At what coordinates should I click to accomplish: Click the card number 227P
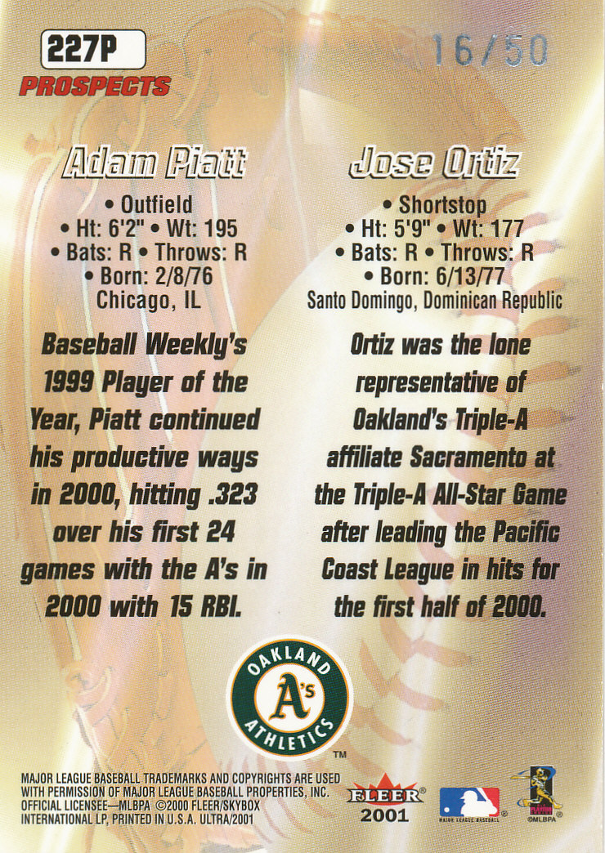83,50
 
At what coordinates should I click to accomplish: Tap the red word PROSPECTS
95,87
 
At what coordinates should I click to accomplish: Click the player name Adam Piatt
154,162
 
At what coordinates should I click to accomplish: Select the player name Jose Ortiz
434,162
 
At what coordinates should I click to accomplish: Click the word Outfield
157,204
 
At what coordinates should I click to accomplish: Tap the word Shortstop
442,204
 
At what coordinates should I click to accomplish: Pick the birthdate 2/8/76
184,276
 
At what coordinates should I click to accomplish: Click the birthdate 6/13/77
470,276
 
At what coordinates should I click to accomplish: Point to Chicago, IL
149,301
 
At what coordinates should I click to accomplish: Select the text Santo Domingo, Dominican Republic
435,301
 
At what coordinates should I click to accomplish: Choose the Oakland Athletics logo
289,698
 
